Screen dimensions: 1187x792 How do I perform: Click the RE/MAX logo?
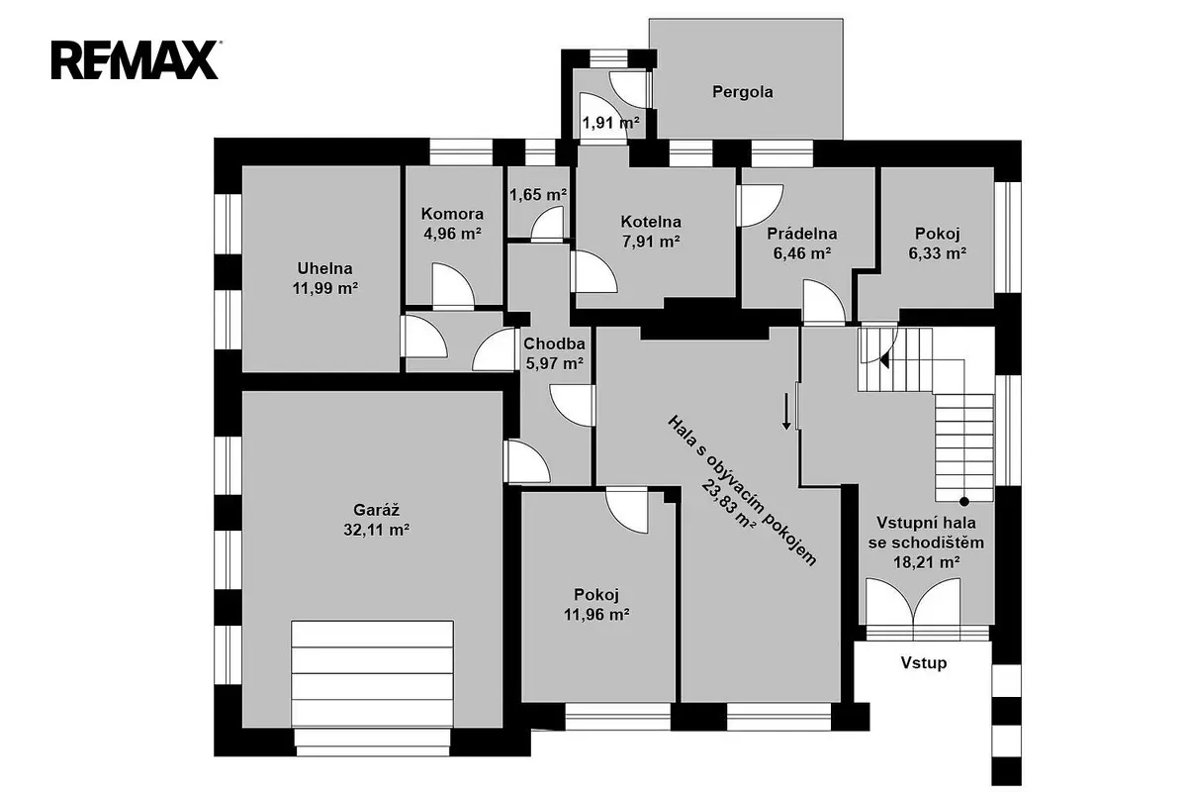click(x=136, y=60)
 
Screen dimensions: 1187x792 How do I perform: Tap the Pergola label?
click(x=743, y=92)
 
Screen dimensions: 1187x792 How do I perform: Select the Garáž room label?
click(x=376, y=510)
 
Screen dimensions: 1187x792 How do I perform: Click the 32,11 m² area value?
click(x=376, y=530)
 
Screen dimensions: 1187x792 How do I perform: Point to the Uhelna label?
click(x=324, y=268)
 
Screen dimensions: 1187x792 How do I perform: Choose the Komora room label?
click(x=452, y=214)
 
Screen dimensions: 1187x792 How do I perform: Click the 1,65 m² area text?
click(x=538, y=195)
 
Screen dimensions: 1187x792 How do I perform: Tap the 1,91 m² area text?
click(x=611, y=123)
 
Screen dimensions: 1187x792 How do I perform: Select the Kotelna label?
click(x=651, y=221)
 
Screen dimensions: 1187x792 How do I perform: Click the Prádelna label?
click(x=802, y=234)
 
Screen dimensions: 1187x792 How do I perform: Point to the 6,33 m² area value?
click(x=938, y=253)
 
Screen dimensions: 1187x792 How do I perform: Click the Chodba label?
click(x=554, y=344)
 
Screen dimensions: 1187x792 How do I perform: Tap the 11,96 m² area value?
click(x=596, y=615)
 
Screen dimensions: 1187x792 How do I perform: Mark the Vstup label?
click(x=924, y=662)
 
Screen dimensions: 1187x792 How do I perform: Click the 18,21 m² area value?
click(x=927, y=562)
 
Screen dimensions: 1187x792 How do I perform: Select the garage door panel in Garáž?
click(x=373, y=674)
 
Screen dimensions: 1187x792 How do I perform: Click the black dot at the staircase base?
click(x=964, y=501)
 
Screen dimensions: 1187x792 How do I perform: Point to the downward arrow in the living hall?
click(x=787, y=411)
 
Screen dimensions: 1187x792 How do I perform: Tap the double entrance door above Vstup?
click(x=914, y=602)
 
